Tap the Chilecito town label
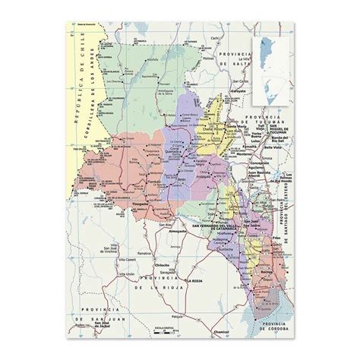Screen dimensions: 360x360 (161, 265)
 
